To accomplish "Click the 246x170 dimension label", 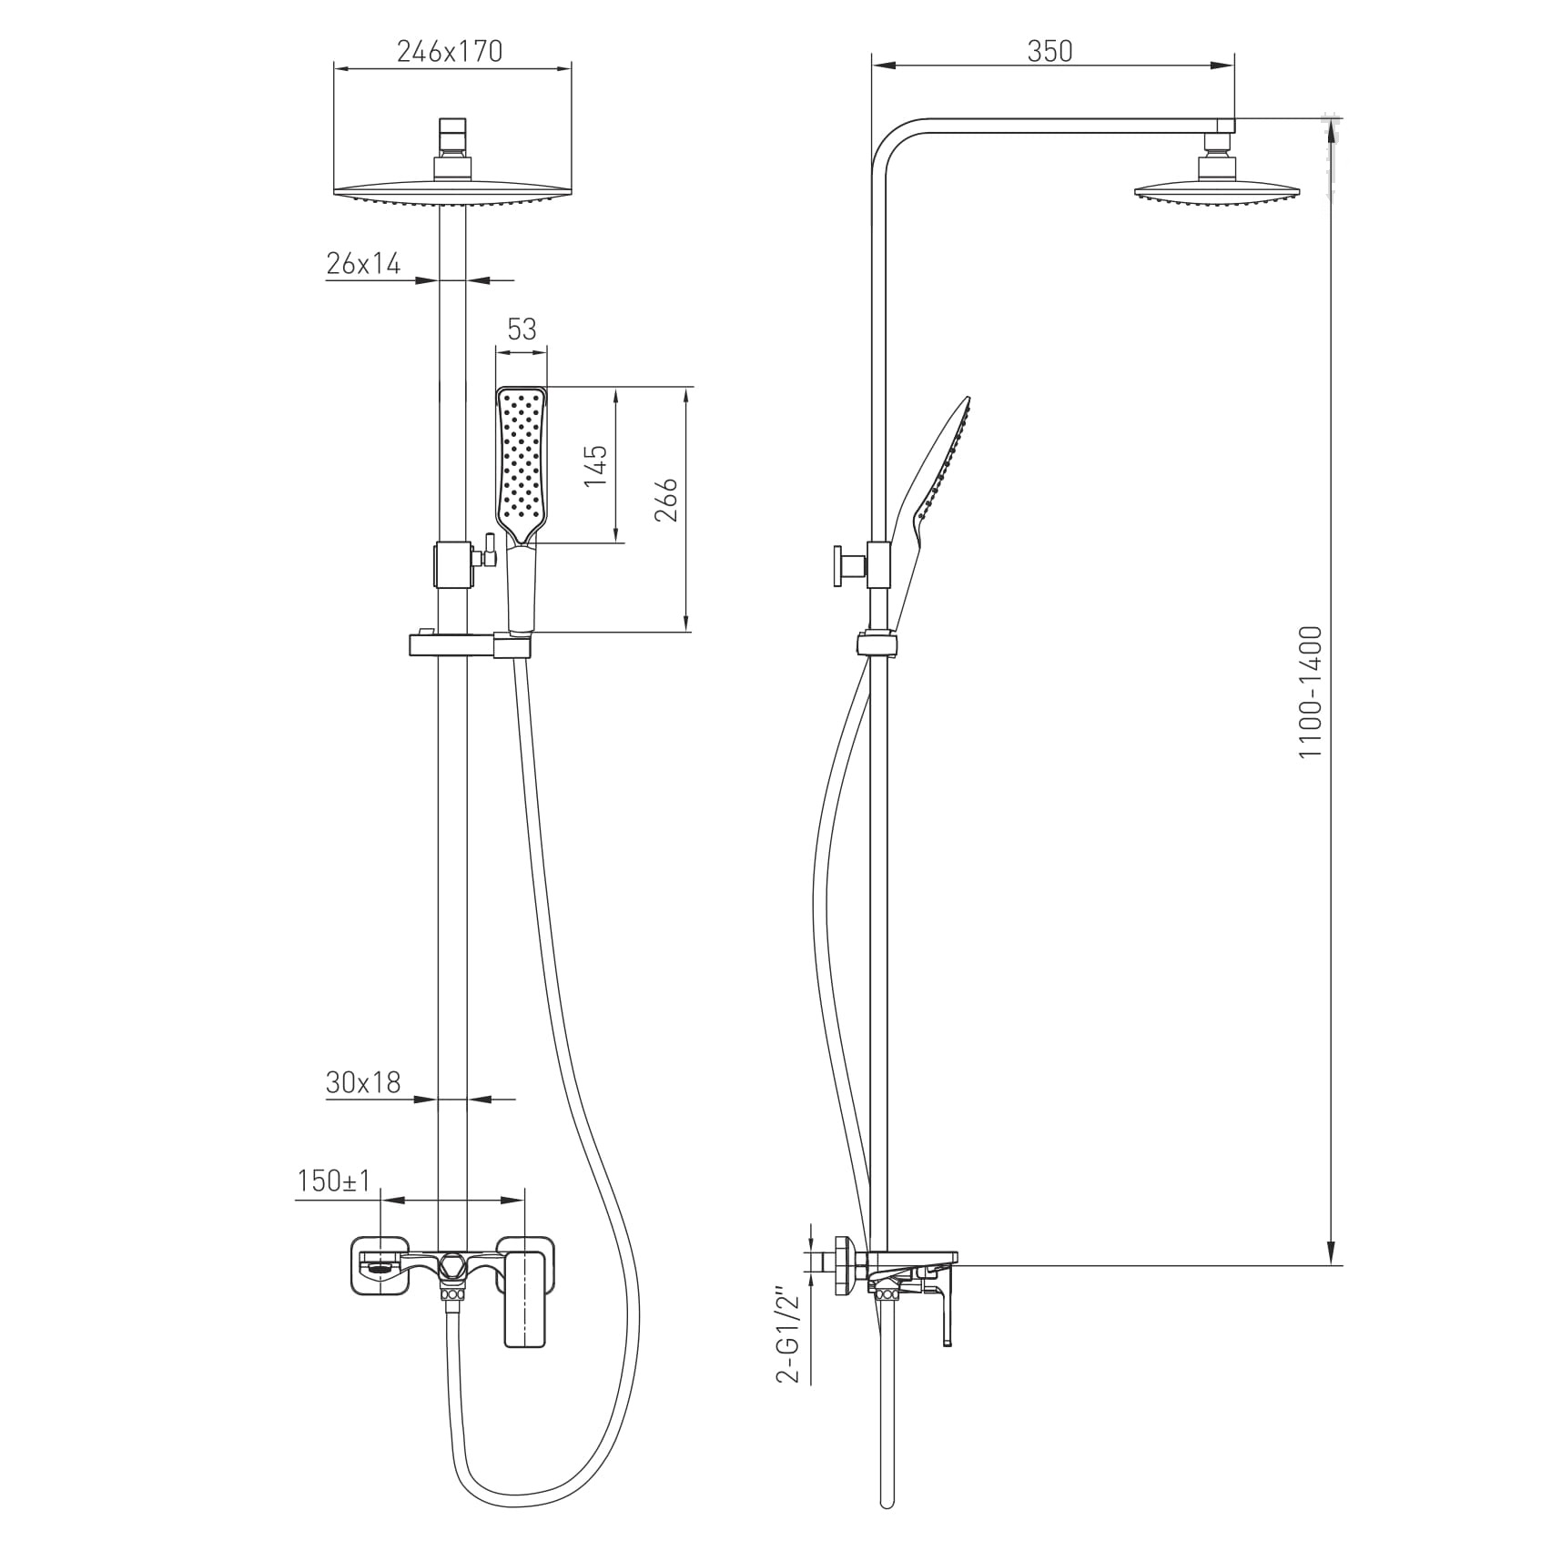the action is (449, 52).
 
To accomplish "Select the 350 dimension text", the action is (1050, 52).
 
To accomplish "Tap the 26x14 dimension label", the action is (363, 264).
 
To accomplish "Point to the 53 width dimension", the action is (522, 329).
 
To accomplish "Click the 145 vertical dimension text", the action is (595, 465).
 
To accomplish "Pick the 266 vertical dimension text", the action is (667, 499).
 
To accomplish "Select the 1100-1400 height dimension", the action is (1310, 693).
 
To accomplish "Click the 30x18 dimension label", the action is (363, 1082).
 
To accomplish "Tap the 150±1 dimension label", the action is (334, 1181).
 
